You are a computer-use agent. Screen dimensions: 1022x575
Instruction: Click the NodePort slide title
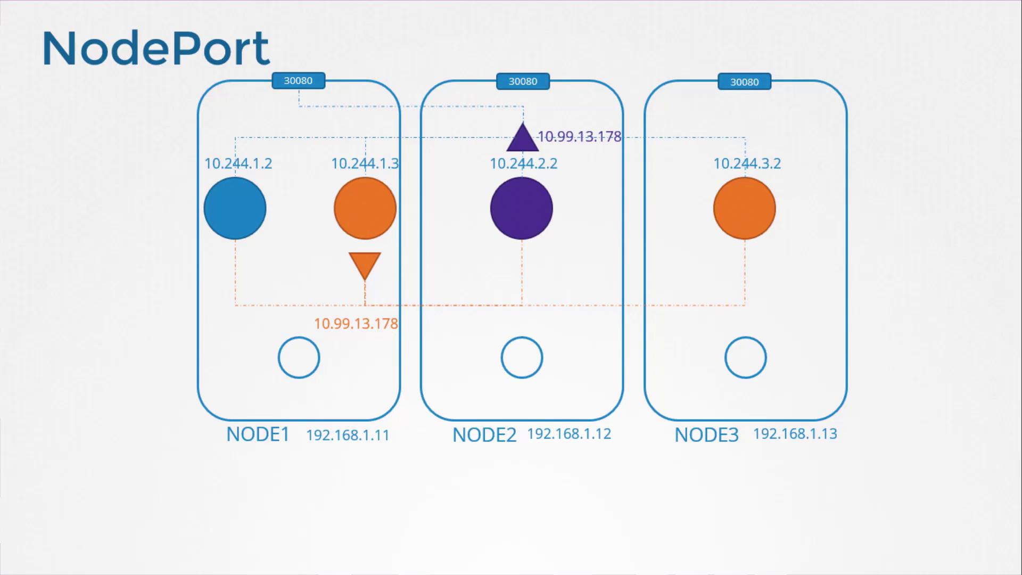point(156,48)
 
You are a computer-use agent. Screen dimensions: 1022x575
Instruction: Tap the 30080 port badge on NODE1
point(299,81)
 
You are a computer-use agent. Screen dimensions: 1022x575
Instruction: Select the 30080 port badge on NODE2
point(523,81)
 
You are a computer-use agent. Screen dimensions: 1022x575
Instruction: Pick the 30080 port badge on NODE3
point(744,82)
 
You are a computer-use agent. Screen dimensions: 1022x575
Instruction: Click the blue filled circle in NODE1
point(235,208)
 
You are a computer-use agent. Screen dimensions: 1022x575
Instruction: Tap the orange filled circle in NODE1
point(365,208)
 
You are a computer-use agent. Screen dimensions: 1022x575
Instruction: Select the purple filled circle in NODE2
point(522,208)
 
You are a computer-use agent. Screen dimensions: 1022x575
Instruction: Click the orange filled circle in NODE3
point(745,208)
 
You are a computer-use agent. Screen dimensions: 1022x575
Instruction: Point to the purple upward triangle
point(523,138)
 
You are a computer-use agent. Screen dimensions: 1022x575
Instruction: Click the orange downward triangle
point(365,265)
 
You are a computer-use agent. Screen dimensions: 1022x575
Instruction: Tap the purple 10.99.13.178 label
point(580,137)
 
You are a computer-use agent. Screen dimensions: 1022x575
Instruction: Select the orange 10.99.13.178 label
point(356,324)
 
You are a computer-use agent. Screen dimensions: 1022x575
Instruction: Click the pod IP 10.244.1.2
point(238,163)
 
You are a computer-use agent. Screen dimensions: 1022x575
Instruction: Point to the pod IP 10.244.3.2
point(747,163)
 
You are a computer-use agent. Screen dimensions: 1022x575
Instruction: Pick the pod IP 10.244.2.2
point(524,163)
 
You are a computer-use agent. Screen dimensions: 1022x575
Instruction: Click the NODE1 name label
point(258,434)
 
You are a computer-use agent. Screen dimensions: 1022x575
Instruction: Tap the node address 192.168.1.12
point(569,434)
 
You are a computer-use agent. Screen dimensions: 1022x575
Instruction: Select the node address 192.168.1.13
point(795,434)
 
